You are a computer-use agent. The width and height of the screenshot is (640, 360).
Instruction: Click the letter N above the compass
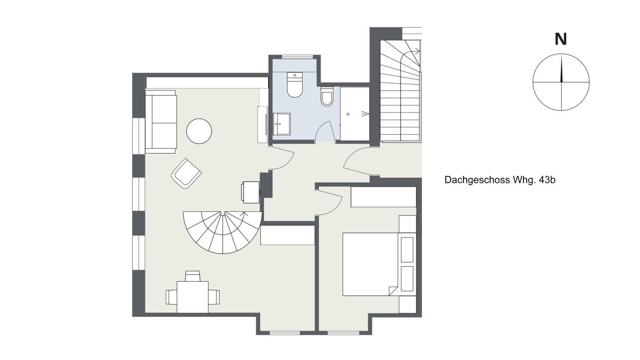coord(560,40)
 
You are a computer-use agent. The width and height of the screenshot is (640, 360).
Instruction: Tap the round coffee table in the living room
coord(199,131)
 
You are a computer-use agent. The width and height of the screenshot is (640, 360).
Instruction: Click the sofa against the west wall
coord(160,122)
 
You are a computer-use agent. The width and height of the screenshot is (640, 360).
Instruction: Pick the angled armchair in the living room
coord(186,173)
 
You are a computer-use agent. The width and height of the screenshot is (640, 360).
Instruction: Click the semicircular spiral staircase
coord(222,232)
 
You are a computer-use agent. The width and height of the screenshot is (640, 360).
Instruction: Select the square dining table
coord(192,297)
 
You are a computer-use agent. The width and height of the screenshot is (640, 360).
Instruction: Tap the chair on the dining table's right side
coord(214,297)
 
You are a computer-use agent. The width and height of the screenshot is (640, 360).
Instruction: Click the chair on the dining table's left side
coord(172,297)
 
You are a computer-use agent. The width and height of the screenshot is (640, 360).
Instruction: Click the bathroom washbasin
coord(281,124)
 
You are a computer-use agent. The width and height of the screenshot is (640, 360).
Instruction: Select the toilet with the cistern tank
coord(295,85)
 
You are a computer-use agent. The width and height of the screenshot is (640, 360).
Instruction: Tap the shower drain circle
coord(348,114)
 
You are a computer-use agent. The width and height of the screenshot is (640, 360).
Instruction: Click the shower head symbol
coord(365,114)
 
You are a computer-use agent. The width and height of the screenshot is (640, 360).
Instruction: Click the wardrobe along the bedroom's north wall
coord(384,197)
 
